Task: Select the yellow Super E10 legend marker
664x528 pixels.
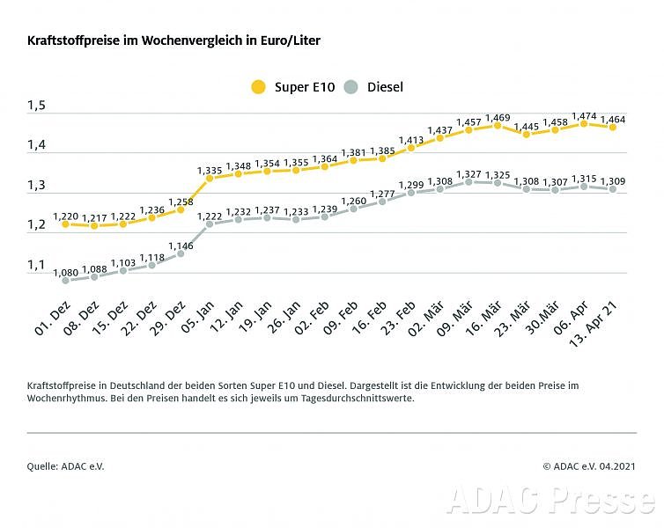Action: click(x=258, y=86)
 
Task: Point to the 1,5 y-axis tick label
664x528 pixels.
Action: click(x=36, y=106)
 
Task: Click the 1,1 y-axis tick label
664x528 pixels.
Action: click(x=36, y=265)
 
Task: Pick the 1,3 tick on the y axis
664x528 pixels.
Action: click(x=36, y=186)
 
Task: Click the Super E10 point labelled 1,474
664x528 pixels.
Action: click(x=584, y=124)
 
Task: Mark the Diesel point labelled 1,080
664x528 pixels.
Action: click(x=65, y=281)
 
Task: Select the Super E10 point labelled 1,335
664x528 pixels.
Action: click(x=210, y=178)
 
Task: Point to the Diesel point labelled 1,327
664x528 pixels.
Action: click(x=468, y=181)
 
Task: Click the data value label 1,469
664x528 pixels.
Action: click(x=498, y=117)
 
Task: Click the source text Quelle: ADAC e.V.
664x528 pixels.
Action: click(x=66, y=466)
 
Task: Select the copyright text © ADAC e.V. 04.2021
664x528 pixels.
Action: click(x=589, y=466)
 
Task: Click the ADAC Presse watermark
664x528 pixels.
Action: click(x=550, y=499)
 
